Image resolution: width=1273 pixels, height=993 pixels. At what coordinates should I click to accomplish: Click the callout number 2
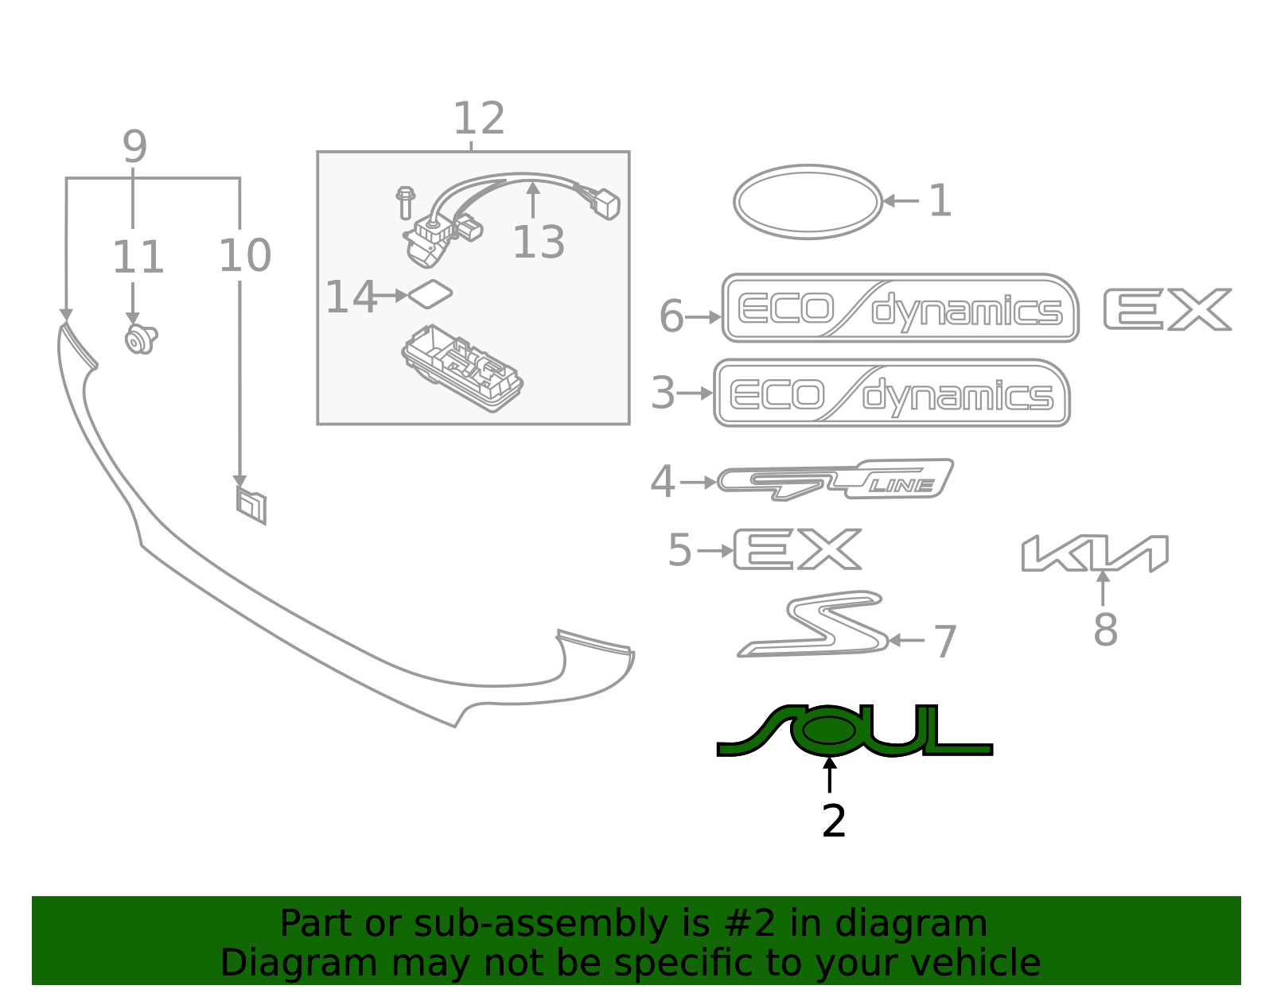coord(833,820)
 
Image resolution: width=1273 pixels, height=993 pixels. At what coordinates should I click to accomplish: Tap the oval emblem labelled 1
coord(808,202)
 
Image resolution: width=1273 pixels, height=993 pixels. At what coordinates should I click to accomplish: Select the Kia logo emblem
coord(1095,553)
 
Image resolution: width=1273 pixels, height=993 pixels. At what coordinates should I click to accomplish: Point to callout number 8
coord(1105,630)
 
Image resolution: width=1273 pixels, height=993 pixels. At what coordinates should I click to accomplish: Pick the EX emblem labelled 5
coord(797,549)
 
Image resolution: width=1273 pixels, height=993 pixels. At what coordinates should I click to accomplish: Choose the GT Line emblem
coord(835,479)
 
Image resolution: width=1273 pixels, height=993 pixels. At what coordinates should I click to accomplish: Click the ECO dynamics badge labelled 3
coord(891,394)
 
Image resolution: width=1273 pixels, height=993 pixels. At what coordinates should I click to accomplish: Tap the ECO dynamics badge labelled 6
coord(900,308)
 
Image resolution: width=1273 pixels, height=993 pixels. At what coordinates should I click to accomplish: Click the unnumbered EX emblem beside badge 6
coord(1167,309)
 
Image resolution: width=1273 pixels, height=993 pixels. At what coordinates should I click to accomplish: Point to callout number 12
coord(479,119)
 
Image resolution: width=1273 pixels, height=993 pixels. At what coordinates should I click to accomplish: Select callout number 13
coord(539,242)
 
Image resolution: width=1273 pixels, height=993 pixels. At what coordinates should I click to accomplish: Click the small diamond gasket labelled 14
coord(430,295)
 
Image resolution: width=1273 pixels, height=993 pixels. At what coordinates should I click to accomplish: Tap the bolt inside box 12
coord(405,203)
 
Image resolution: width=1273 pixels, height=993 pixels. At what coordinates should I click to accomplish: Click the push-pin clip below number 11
coord(140,339)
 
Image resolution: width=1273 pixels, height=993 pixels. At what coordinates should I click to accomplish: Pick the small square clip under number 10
coord(251,506)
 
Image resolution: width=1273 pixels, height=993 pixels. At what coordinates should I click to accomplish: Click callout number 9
coord(134,148)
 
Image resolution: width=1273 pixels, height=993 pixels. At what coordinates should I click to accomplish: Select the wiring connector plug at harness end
coord(606,204)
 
